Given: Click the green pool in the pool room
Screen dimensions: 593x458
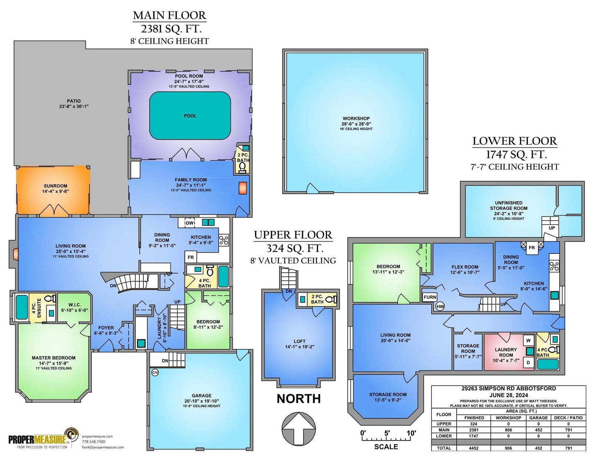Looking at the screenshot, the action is [190, 115].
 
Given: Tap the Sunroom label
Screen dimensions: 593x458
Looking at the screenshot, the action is [55, 186].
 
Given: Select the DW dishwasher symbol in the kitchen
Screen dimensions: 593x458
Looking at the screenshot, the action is [190, 223].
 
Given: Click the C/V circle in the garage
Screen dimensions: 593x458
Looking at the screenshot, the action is [155, 373].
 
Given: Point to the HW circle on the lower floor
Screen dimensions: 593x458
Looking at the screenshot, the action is [440, 306].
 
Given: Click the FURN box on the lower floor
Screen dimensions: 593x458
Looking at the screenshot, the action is [430, 297].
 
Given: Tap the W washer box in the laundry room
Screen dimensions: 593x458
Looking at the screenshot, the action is [528, 341].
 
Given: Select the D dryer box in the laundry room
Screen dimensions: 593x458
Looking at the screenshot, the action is [528, 362].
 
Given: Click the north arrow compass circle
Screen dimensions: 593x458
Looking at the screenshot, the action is [299, 429].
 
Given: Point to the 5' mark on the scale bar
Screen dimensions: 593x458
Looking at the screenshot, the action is [387, 433].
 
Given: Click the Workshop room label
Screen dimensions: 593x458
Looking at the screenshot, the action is [356, 118].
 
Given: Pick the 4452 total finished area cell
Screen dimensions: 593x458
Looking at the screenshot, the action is [473, 448].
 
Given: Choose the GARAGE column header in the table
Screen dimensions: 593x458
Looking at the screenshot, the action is [539, 418].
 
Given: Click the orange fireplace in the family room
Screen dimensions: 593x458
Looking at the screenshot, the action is [243, 188].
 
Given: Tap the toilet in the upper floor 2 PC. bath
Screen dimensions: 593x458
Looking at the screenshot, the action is [332, 299].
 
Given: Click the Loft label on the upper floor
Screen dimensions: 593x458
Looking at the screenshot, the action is [299, 341].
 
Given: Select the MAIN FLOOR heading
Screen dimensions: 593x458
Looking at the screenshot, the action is [169, 16].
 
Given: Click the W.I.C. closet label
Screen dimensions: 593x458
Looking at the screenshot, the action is [74, 305].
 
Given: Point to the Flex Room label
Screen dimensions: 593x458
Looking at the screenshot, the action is [465, 267].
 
